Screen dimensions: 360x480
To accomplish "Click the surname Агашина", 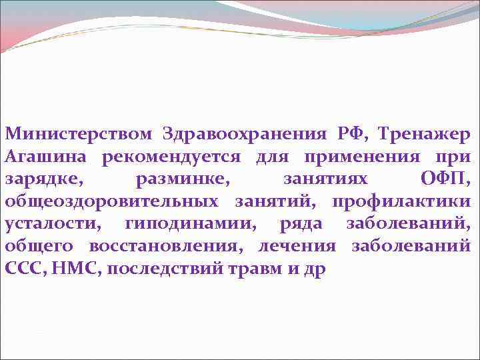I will (47, 157).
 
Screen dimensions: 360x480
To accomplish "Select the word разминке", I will (174, 179).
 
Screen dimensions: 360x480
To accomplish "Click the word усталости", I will (51, 225).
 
